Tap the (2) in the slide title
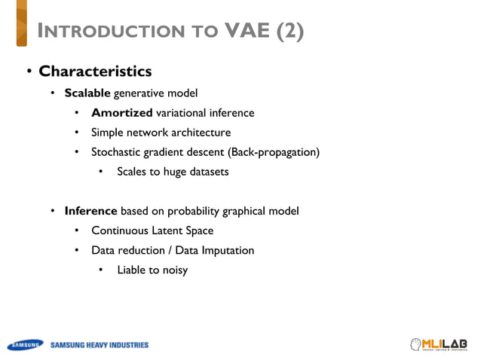pos(291,32)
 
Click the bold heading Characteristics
pos(95,72)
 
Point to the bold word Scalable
pos(87,93)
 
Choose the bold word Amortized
pos(121,113)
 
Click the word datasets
pos(207,172)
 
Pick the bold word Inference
pos(90,211)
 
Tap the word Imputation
pos(226,250)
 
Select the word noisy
pos(173,270)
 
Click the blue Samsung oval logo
pos(26,346)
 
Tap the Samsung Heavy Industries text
pos(100,346)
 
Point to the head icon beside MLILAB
pos(415,344)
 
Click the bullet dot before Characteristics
pos(28,72)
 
